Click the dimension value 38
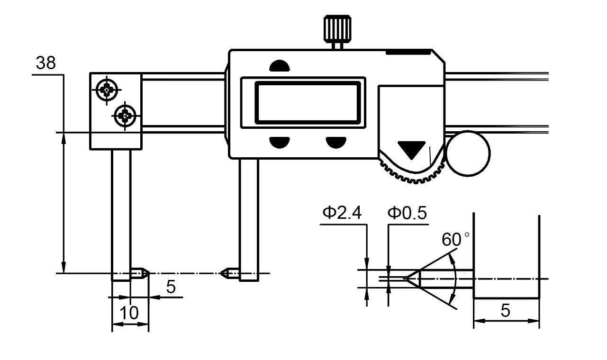click(46, 63)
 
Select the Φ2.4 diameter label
click(342, 213)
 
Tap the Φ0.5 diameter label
click(407, 213)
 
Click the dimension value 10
click(129, 313)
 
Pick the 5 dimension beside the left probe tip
click(171, 287)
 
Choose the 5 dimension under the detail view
click(506, 311)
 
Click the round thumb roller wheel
click(468, 153)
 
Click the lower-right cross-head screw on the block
click(125, 114)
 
